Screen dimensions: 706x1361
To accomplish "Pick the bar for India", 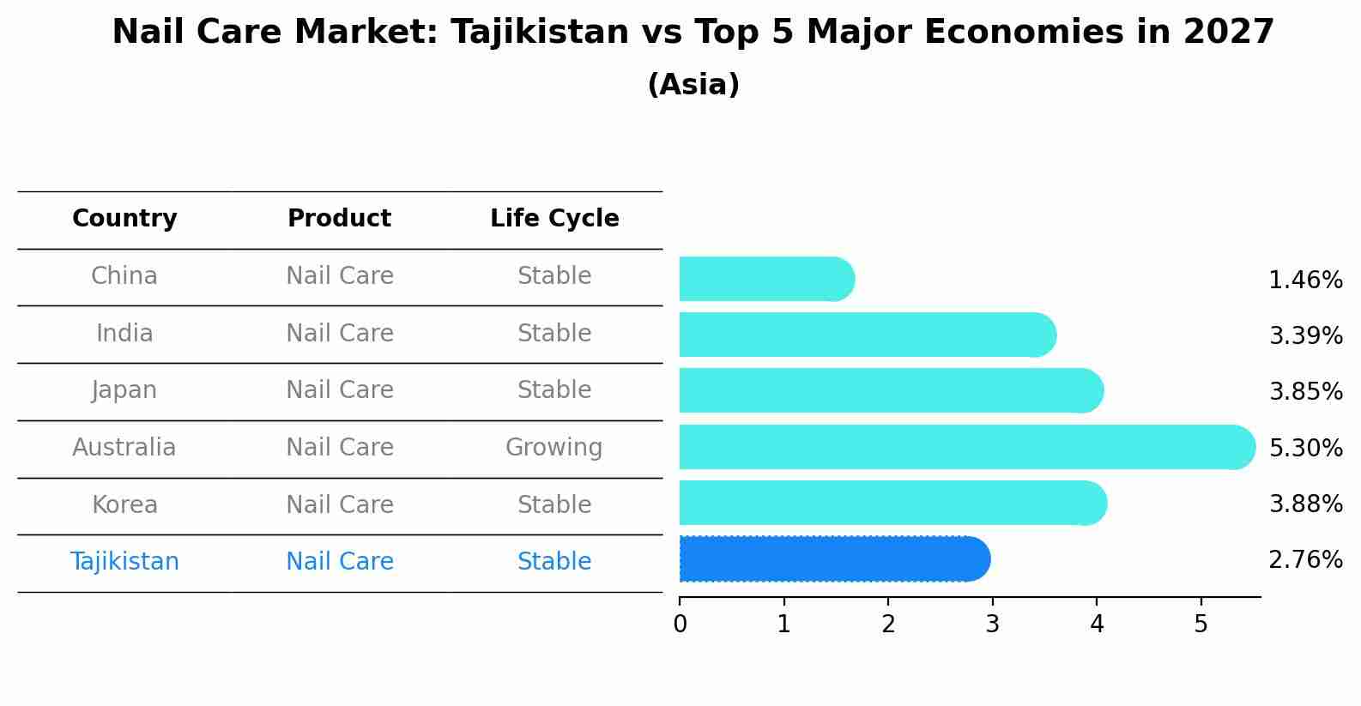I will point(867,335).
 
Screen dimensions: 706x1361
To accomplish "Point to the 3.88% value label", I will point(1305,504).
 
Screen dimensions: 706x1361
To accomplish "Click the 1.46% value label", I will point(1305,280).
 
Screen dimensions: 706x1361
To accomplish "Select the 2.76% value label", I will point(1305,560).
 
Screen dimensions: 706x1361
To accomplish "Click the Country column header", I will point(124,219).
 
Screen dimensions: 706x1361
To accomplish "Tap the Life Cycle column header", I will point(554,219).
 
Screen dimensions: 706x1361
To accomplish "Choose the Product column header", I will point(339,219).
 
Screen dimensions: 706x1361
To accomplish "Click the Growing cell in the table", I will point(553,448).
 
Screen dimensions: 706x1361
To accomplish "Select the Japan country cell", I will point(124,390).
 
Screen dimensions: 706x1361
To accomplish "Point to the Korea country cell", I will point(124,504).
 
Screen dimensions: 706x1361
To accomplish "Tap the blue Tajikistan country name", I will point(124,562).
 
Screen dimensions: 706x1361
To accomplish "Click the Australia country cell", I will point(124,448).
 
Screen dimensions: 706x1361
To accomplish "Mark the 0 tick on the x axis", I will point(680,625).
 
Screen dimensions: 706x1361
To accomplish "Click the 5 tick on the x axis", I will point(1201,625).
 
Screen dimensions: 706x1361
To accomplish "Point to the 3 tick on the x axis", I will point(992,625).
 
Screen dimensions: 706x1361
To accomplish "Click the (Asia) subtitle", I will point(693,85).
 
